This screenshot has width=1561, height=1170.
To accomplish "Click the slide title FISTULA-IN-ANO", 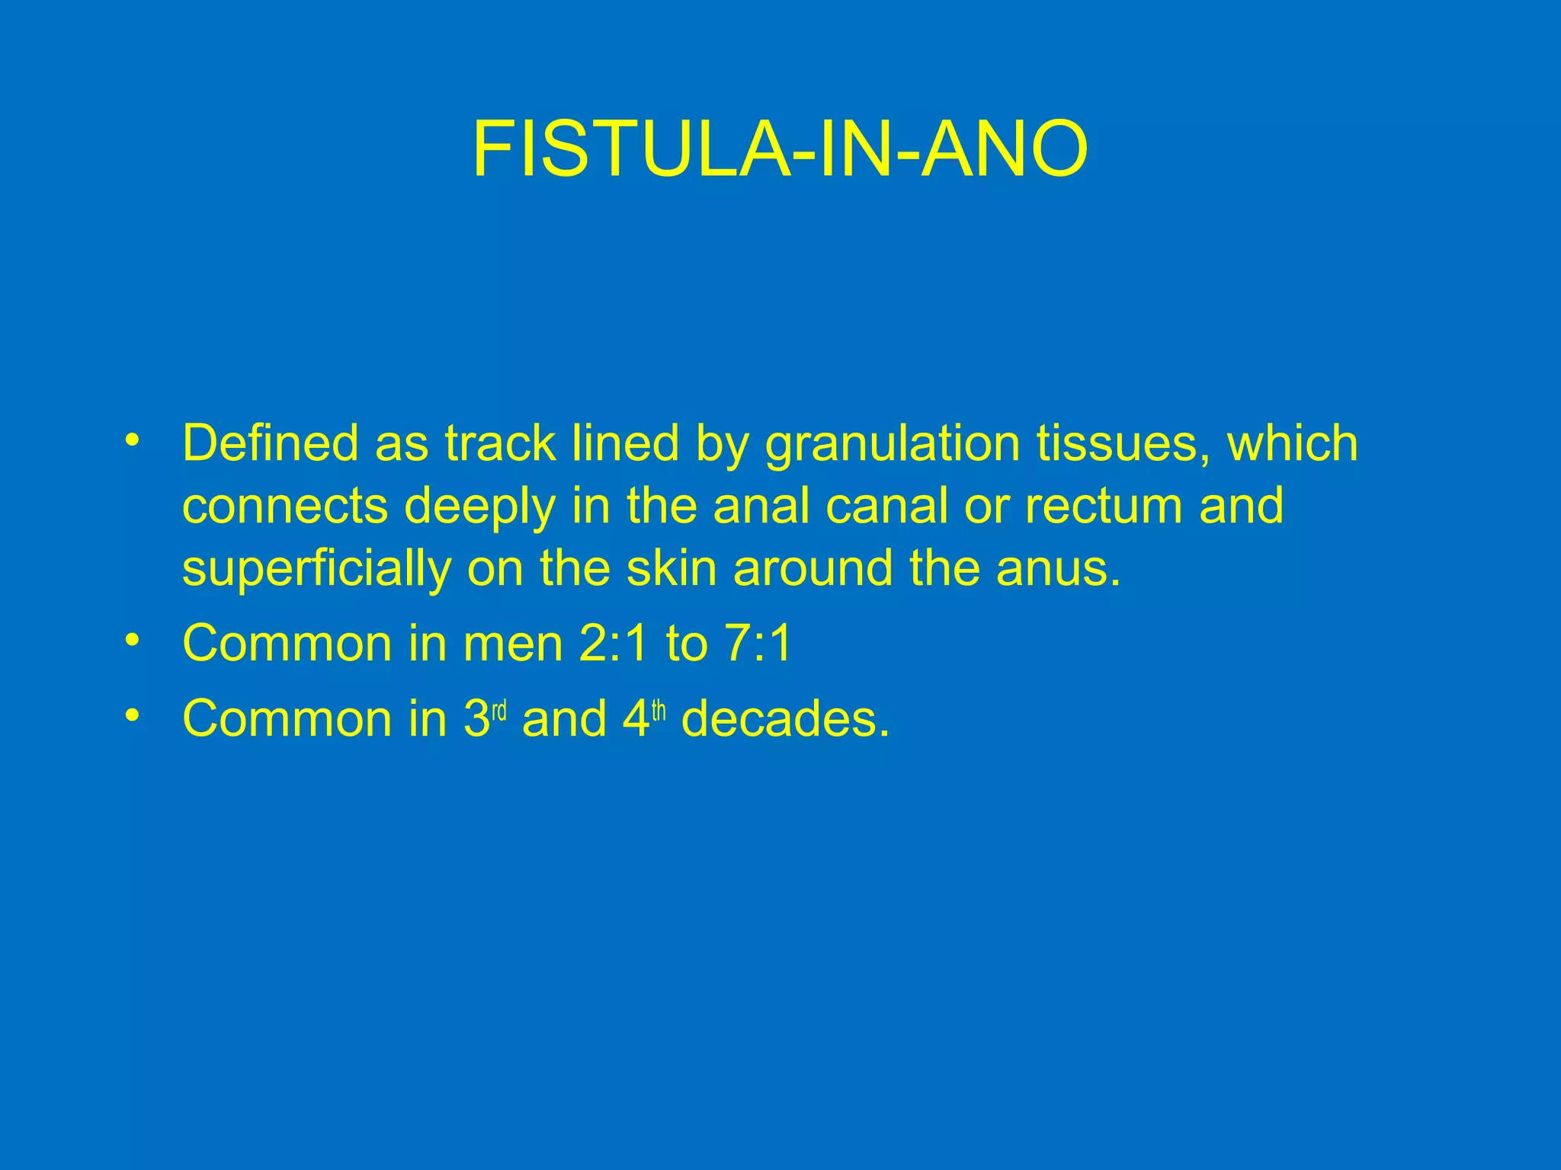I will (780, 149).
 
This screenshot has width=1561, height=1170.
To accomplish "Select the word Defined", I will (269, 443).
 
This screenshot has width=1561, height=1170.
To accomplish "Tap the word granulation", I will (892, 445).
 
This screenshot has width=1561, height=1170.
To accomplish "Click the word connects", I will (284, 507).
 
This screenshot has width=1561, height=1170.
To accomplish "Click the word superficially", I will (316, 570).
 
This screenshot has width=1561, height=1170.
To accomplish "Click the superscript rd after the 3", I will (499, 711).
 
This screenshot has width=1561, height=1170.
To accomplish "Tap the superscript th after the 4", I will (659, 711).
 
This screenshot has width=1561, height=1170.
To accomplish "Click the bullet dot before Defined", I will (133, 441).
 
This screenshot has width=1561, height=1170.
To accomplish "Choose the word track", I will (500, 443).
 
